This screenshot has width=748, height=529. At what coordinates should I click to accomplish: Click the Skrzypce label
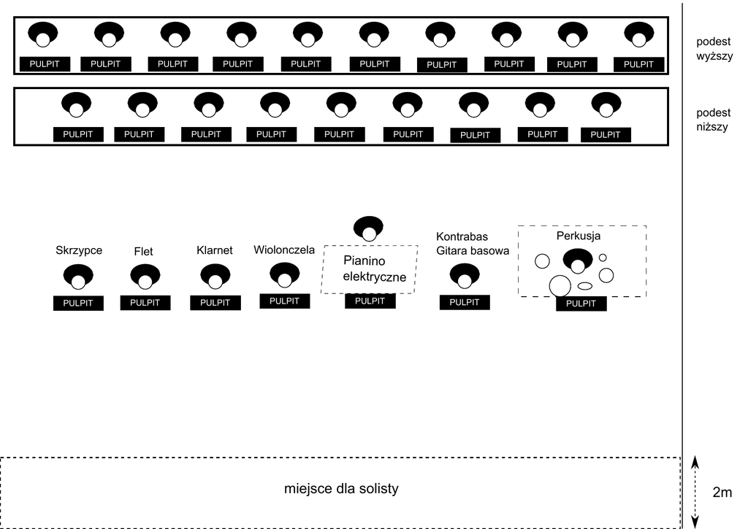(79, 251)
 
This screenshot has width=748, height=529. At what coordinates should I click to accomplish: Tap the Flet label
(144, 252)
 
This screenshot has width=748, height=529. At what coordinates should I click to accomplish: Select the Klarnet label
(215, 250)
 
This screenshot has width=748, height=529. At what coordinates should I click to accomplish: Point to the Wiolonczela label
(284, 250)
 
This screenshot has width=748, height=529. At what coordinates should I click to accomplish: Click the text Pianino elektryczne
(369, 269)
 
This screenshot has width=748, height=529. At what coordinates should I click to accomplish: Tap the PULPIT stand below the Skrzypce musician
(78, 304)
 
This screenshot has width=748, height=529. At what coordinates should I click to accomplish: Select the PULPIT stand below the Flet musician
(145, 303)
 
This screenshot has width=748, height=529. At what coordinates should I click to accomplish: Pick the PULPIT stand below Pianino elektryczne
(370, 301)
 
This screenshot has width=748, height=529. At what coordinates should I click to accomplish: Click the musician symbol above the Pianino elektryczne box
(369, 228)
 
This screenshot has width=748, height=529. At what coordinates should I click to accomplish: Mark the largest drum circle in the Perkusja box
(560, 285)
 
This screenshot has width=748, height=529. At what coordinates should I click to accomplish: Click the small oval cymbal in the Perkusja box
(585, 285)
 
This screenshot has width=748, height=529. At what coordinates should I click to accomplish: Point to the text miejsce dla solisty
(341, 488)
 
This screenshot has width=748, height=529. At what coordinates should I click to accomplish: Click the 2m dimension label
(722, 493)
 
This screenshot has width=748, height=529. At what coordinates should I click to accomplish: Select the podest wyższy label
(714, 48)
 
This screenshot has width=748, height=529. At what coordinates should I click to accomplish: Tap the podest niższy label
(714, 120)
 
